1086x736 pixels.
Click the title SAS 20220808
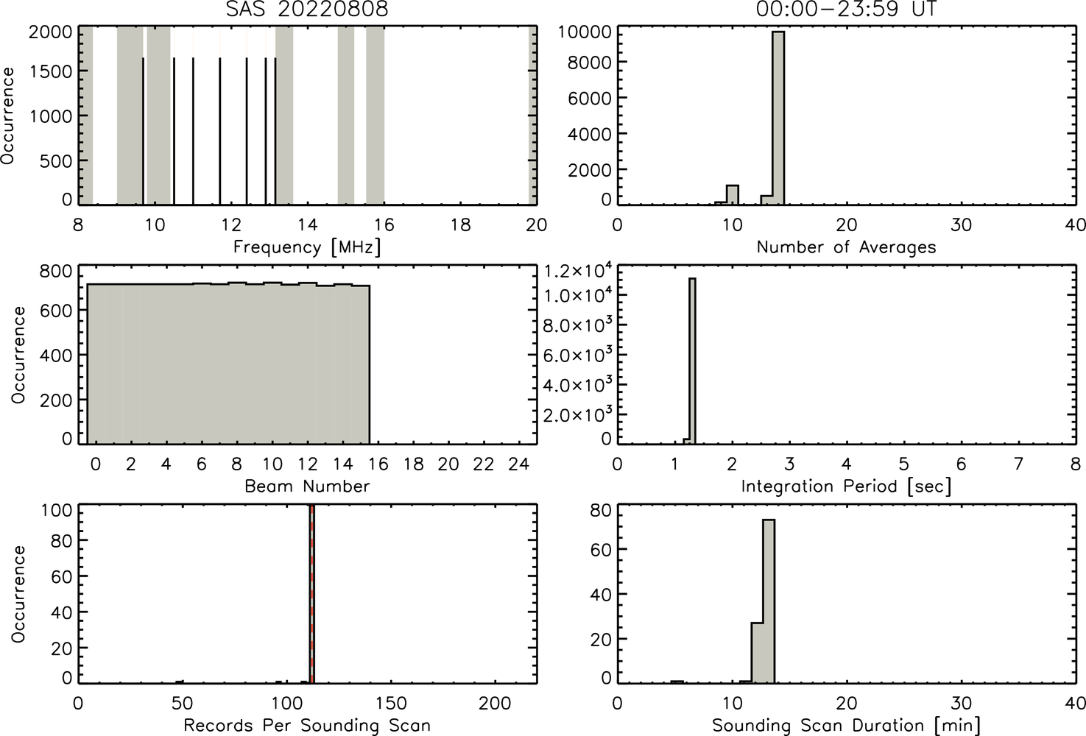tap(307, 9)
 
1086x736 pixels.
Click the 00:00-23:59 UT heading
tap(846, 9)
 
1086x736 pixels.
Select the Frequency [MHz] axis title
tap(307, 247)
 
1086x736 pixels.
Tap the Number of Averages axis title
tap(846, 247)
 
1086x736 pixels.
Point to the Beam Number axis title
tap(307, 486)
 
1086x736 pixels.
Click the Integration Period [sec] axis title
tap(846, 486)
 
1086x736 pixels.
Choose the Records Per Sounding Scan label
tap(307, 726)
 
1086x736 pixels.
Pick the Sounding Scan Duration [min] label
tap(846, 726)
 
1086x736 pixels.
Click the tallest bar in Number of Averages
tap(778, 118)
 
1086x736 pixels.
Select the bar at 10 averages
tap(732, 195)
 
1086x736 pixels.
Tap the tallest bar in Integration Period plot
tap(692, 361)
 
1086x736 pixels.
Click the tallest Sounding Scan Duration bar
tap(769, 601)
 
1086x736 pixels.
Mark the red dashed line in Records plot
tap(312, 594)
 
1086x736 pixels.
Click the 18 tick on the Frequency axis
tap(460, 224)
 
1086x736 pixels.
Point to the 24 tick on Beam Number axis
tap(519, 464)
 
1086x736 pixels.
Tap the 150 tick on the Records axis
tap(391, 703)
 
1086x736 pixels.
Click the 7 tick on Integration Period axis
tap(1018, 464)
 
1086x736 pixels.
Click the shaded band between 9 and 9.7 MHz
tap(130, 116)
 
